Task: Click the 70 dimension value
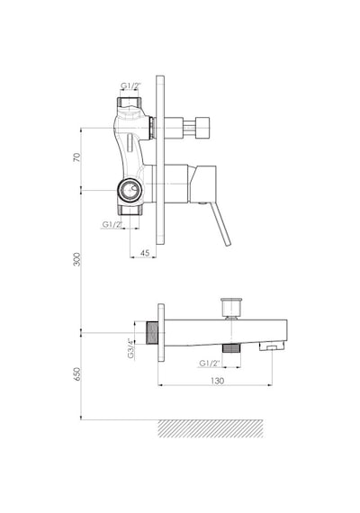(x=76, y=157)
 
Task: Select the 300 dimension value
(x=76, y=259)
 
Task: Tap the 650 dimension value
(x=76, y=374)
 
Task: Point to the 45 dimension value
(x=145, y=253)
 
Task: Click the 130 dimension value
(x=217, y=381)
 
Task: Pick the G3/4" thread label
(x=131, y=347)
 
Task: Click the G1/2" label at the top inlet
(x=130, y=85)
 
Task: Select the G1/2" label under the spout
(x=210, y=364)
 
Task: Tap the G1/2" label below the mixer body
(x=112, y=224)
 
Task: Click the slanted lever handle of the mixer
(x=221, y=224)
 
